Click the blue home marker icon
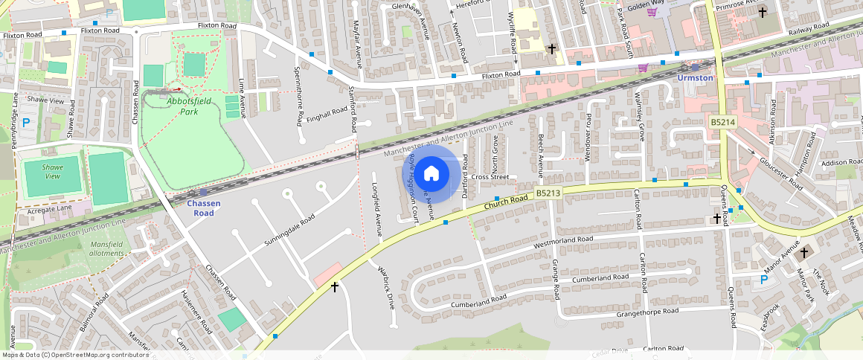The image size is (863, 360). click(x=431, y=174)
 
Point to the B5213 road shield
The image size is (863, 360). click(x=547, y=193)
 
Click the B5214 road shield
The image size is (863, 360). click(x=722, y=122)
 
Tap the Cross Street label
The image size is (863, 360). click(x=490, y=177)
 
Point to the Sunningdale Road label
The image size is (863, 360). click(x=289, y=231)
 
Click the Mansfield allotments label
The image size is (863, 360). click(x=107, y=248)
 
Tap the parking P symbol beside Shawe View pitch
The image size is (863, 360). click(x=26, y=122)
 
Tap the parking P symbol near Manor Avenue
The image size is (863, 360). click(x=763, y=280)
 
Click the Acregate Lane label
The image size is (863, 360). click(x=54, y=209)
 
